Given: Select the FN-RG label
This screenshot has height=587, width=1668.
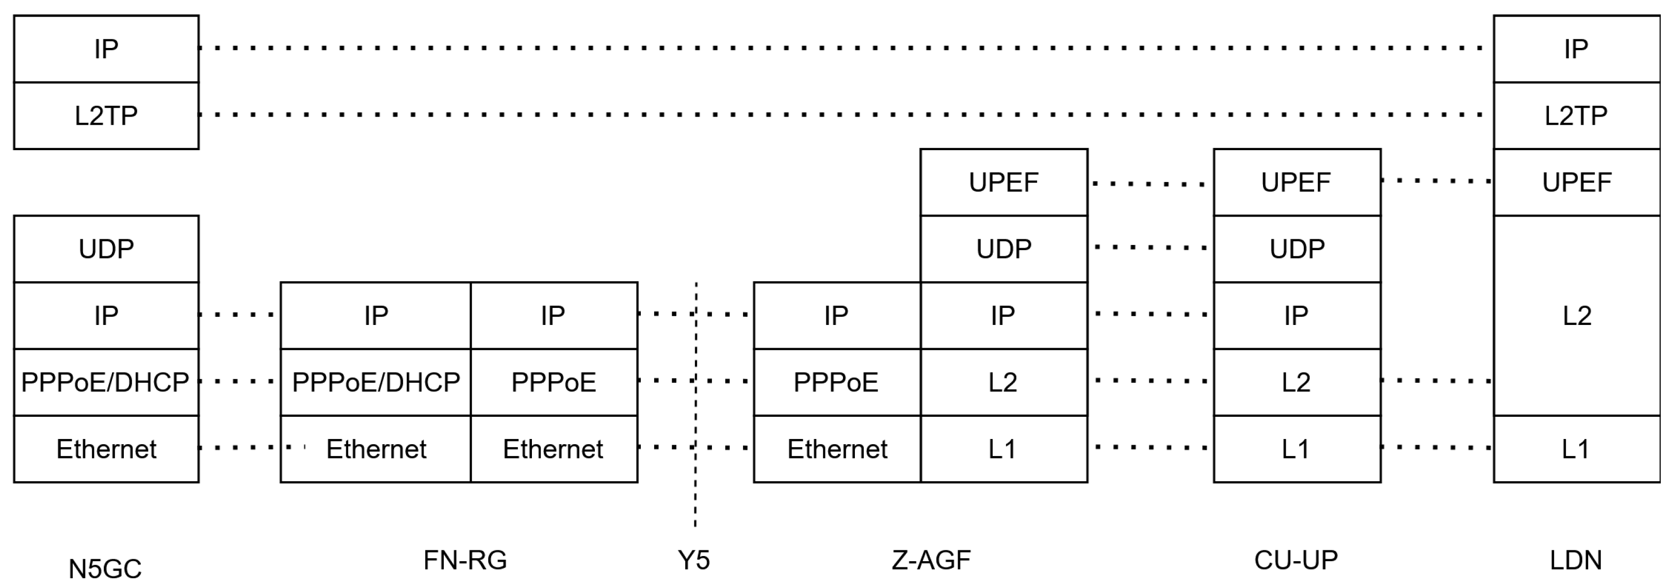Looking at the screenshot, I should pos(465,560).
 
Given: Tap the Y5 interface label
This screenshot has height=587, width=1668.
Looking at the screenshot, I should pos(693,560).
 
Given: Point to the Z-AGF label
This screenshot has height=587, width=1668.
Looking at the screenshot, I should pos(931,560).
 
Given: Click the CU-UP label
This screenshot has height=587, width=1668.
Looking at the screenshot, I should pos(1295,560).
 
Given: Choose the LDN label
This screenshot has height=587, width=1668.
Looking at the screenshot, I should pos(1576,560).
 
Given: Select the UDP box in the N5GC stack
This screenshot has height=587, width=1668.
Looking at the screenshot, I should pos(106,249).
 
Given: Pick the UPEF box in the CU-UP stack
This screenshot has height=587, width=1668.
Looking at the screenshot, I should pos(1297,183).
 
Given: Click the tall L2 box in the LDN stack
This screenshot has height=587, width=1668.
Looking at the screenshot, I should pos(1576,316).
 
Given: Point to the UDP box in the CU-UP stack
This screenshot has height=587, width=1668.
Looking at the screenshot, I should pos(1297,249).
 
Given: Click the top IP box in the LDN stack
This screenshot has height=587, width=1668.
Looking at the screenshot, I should pos(1576,49).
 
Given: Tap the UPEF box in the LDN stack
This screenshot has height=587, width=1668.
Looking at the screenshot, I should pos(1576,183).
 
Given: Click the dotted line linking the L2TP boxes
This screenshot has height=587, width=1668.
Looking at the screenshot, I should pos(842,115).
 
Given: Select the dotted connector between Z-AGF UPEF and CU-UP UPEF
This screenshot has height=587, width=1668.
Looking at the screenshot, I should pos(1149,184).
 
